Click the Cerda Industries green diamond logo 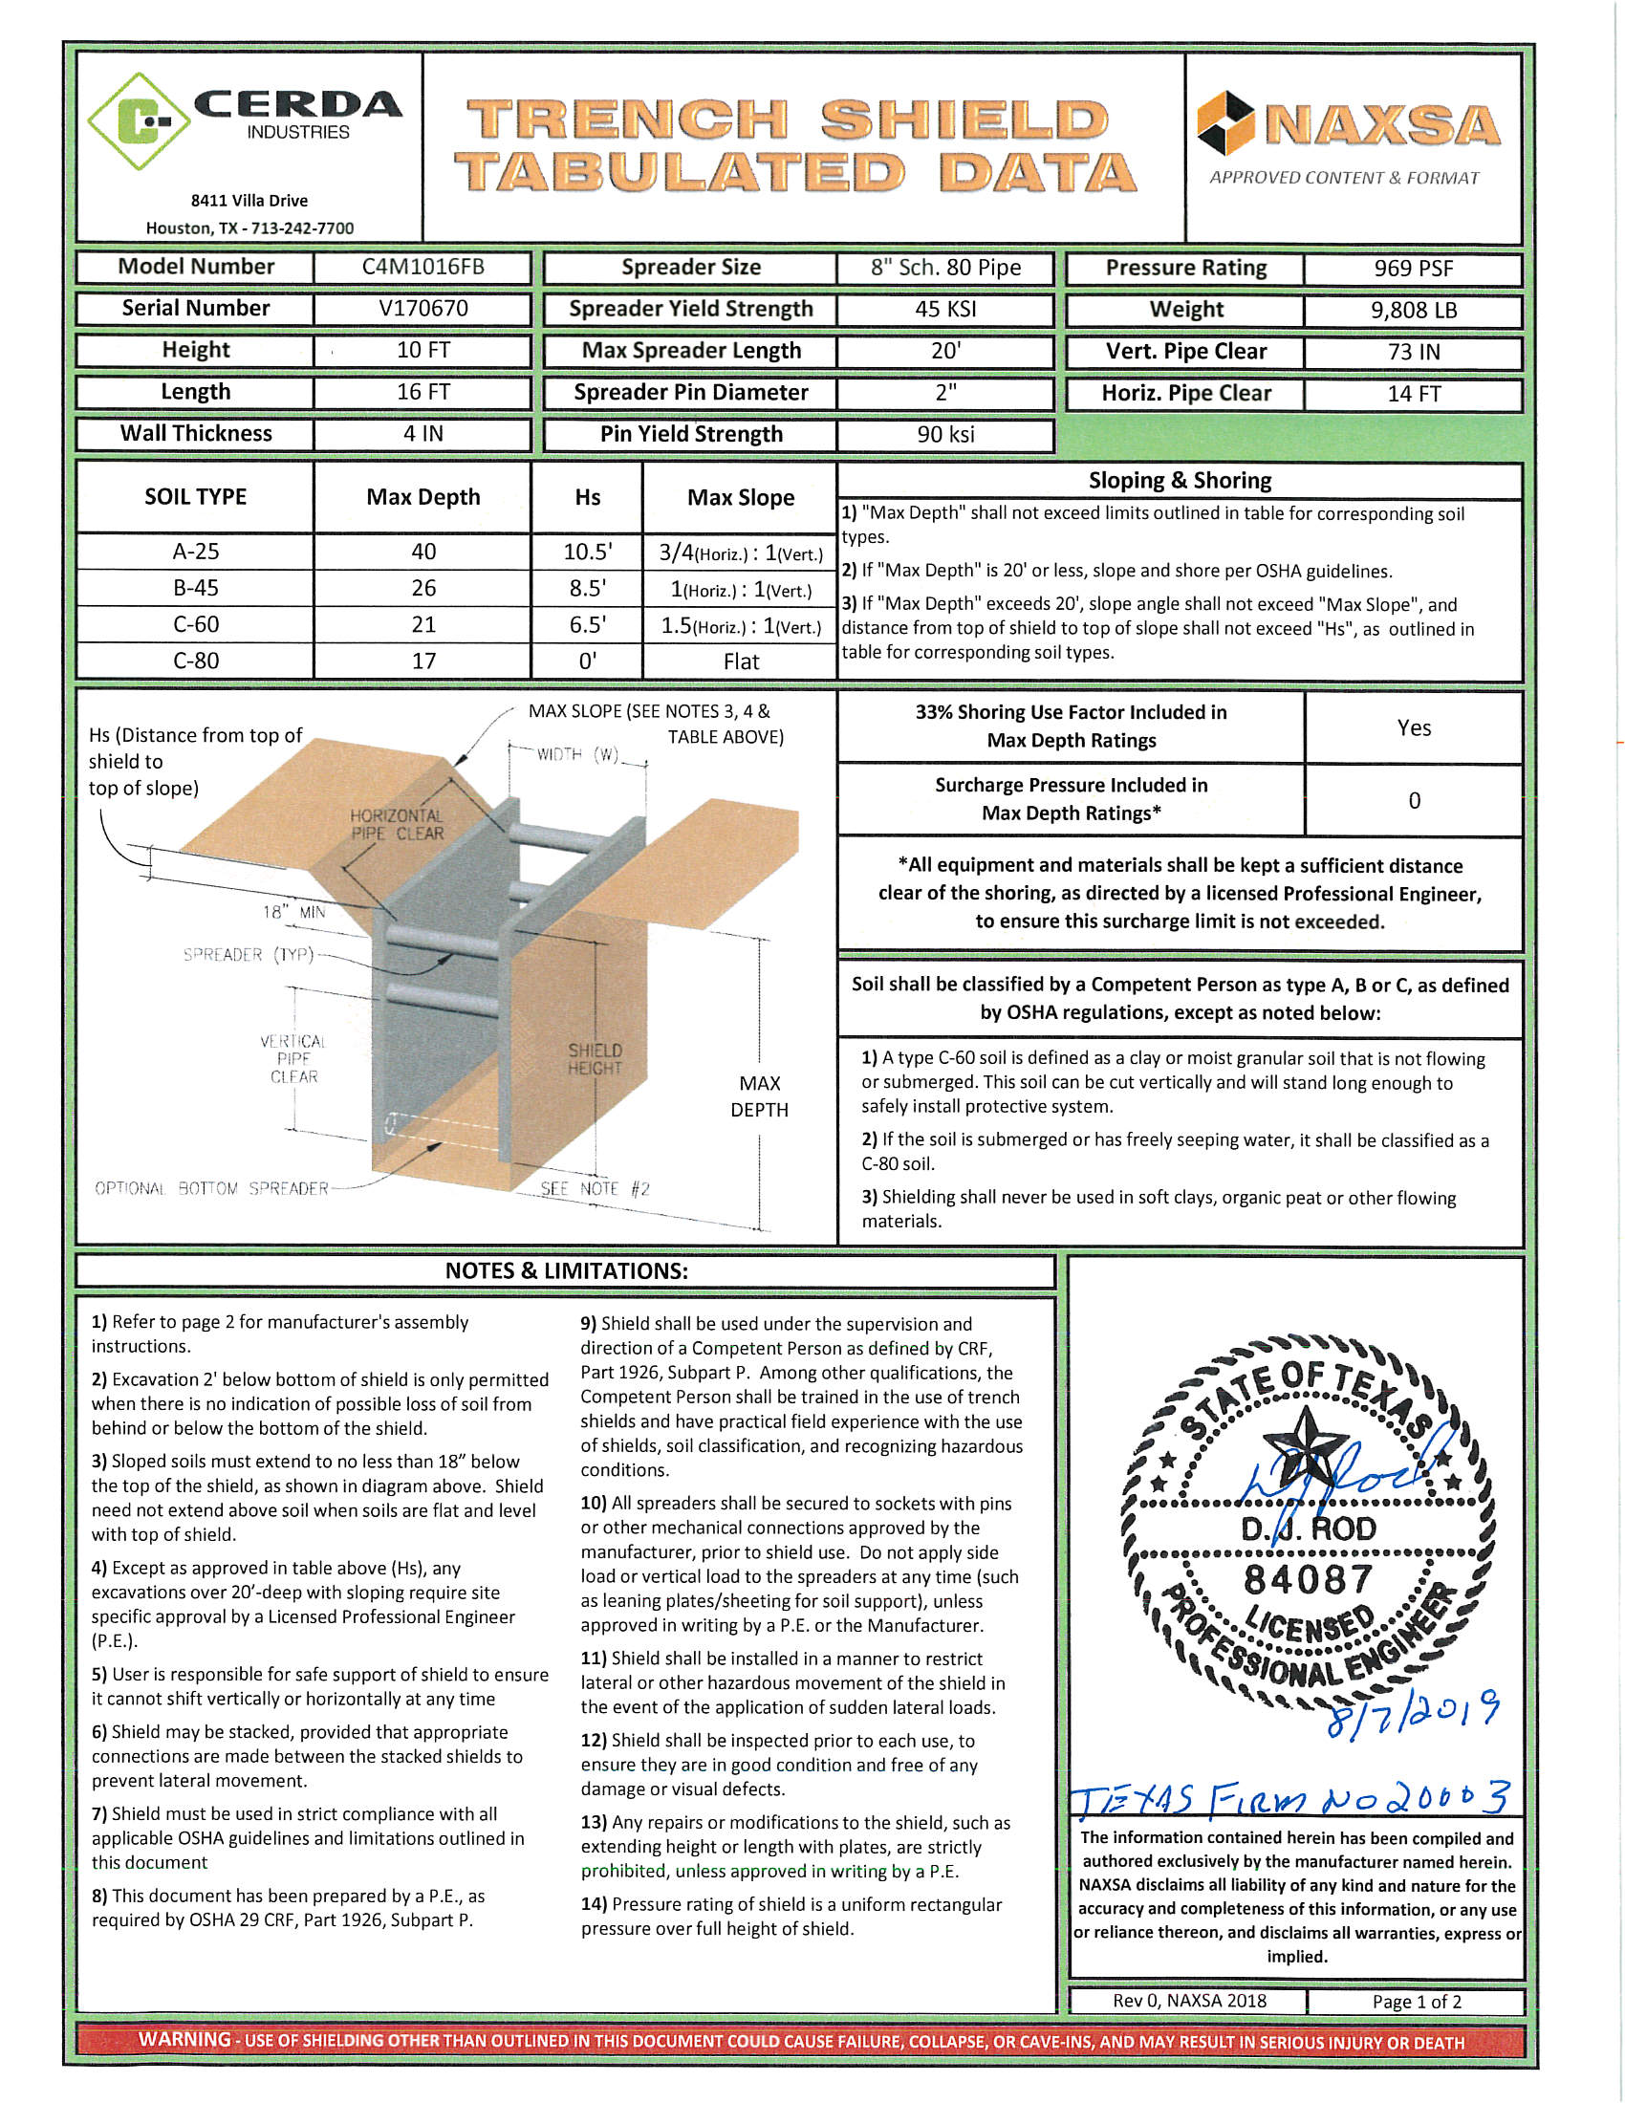coord(140,121)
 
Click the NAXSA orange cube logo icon coord(1225,122)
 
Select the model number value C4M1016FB coord(422,267)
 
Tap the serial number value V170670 coord(422,308)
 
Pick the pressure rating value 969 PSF coord(1412,268)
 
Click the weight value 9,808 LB coord(1412,310)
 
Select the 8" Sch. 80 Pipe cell coord(945,268)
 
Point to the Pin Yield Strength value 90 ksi coord(945,434)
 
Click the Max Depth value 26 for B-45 coord(422,587)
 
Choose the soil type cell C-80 coord(195,661)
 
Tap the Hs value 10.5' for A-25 coord(587,552)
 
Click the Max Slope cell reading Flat coord(740,661)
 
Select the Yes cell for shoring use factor coord(1413,728)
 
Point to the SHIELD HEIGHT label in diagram coord(595,1059)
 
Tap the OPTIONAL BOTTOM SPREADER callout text coord(212,1188)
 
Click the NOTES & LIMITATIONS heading coord(566,1271)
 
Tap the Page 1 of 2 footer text coord(1416,2002)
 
